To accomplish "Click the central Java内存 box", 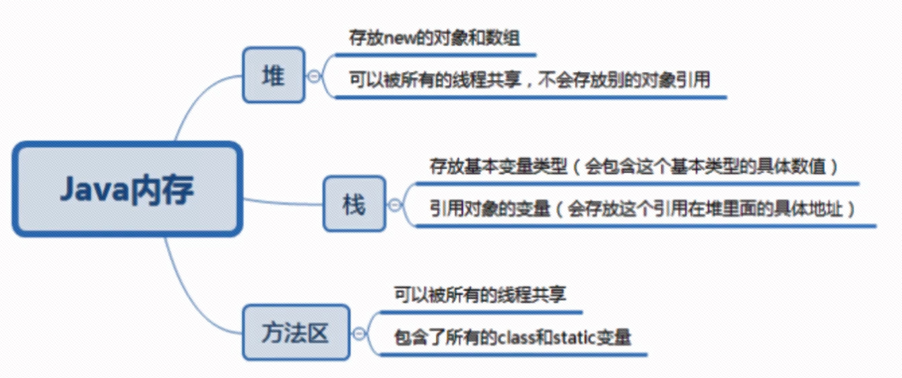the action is [x=127, y=189].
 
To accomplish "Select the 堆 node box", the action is [x=273, y=75].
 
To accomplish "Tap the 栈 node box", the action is [x=354, y=204].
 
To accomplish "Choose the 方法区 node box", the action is [x=296, y=332].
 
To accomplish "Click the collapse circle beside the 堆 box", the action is [x=314, y=76].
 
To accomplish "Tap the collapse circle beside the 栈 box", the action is [x=395, y=205].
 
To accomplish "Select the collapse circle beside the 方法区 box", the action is [x=358, y=334].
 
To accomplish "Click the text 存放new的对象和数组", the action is [x=434, y=38].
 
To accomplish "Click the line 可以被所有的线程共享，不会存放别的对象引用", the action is [x=529, y=80].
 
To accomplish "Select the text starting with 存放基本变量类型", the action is [x=634, y=166].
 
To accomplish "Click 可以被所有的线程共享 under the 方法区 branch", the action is [x=480, y=294].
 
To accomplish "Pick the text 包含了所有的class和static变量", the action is [x=513, y=338].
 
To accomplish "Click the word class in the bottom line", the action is [x=516, y=338].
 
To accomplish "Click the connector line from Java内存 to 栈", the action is [x=283, y=203].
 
